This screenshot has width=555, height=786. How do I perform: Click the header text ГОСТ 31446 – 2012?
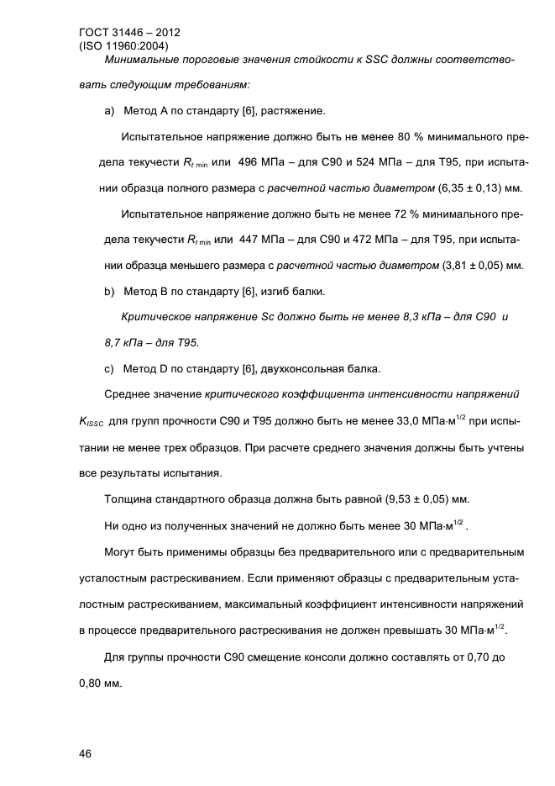129,33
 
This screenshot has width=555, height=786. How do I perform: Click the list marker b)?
109,293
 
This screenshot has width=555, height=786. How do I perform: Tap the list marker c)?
109,368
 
